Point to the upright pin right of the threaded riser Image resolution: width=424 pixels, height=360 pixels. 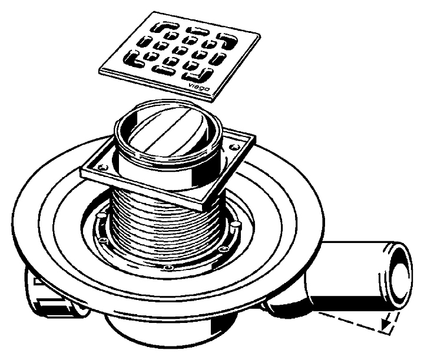[x=235, y=225]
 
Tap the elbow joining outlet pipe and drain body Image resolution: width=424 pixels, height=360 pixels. [x=289, y=297]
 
